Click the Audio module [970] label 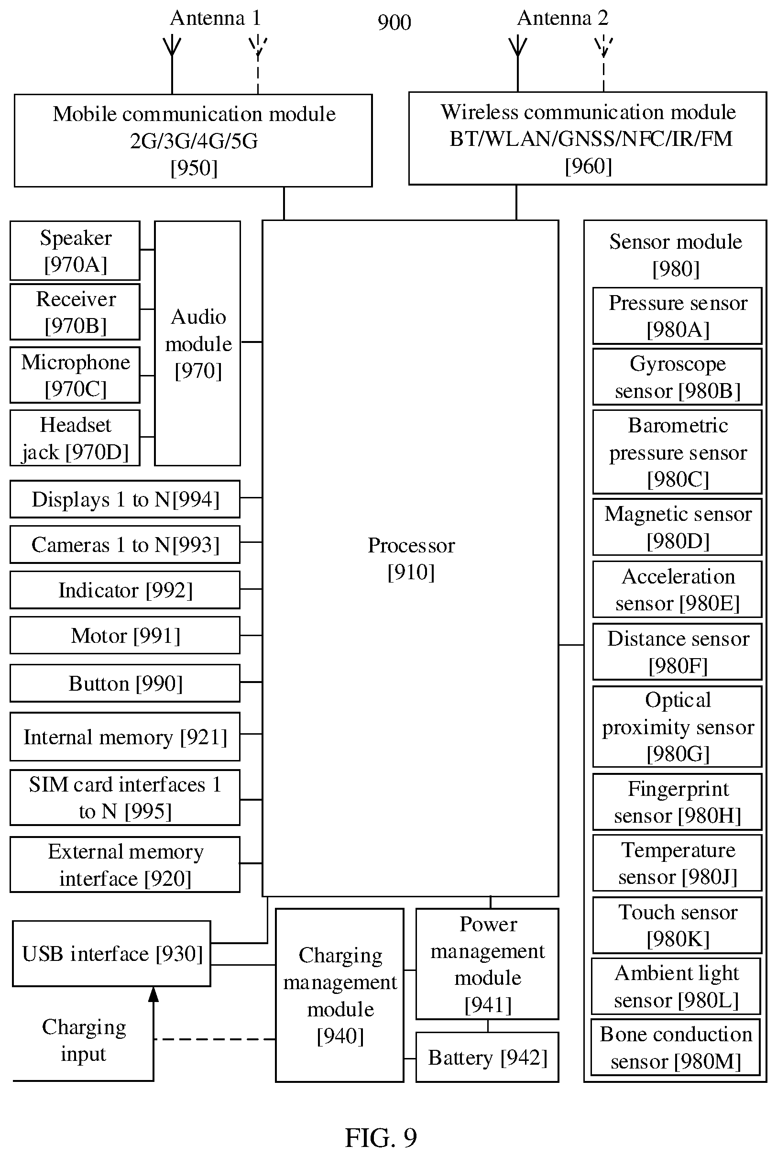click(198, 343)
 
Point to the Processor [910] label click(411, 558)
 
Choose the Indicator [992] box click(125, 590)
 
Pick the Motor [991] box click(125, 635)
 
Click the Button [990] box click(125, 683)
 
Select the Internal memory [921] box click(125, 737)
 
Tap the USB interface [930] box click(111, 954)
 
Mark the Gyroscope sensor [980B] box click(678, 377)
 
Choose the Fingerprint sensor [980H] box click(678, 802)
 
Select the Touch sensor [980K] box click(678, 925)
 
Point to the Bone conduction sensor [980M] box click(676, 1047)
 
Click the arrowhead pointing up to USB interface click(153, 994)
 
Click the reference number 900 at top click(394, 22)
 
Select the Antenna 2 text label click(562, 18)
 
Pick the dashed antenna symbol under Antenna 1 click(258, 65)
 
